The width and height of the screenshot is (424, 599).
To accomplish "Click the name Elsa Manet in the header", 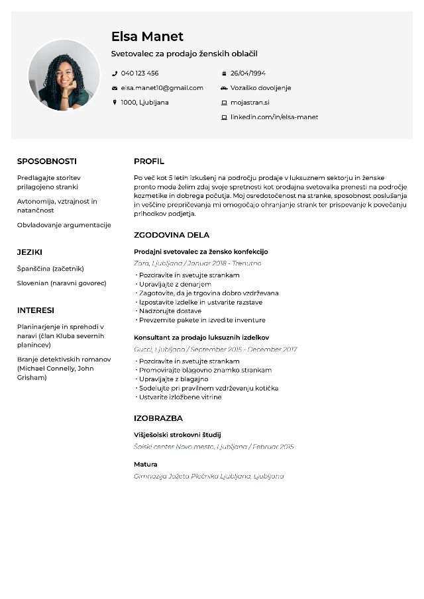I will pyautogui.click(x=147, y=36).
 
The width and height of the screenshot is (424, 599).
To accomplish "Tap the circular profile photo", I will pyautogui.click(x=64, y=75).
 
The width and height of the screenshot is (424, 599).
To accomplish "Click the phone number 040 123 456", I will pyautogui.click(x=140, y=73).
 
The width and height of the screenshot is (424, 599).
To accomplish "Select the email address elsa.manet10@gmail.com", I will pyautogui.click(x=162, y=88).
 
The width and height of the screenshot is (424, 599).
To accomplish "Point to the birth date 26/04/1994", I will pyautogui.click(x=248, y=73).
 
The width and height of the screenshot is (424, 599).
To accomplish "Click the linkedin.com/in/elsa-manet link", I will pyautogui.click(x=274, y=117).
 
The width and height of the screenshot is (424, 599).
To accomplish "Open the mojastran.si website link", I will pyautogui.click(x=250, y=103).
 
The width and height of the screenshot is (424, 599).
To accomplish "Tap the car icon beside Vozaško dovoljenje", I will pyautogui.click(x=224, y=88).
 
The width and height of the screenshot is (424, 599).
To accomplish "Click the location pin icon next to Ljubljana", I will pyautogui.click(x=115, y=103).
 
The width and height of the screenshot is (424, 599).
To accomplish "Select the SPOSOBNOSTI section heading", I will pyautogui.click(x=47, y=161).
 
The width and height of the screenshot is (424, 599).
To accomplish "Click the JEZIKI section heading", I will pyautogui.click(x=30, y=252).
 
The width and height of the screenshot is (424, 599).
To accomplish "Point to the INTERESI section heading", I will pyautogui.click(x=36, y=310).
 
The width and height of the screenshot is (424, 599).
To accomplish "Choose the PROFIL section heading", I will pyautogui.click(x=149, y=161).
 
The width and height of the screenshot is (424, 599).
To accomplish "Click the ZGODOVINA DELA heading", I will pyautogui.click(x=172, y=235).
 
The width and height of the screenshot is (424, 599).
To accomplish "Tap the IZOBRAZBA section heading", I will pyautogui.click(x=158, y=418).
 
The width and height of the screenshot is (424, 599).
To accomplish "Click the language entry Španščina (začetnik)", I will pyautogui.click(x=50, y=269).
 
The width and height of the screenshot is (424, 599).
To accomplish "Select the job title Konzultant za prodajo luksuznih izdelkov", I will pyautogui.click(x=201, y=338).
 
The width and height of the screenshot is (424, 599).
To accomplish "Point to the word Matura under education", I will pyautogui.click(x=146, y=465).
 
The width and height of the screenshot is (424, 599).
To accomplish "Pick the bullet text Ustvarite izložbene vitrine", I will pyautogui.click(x=180, y=397).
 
